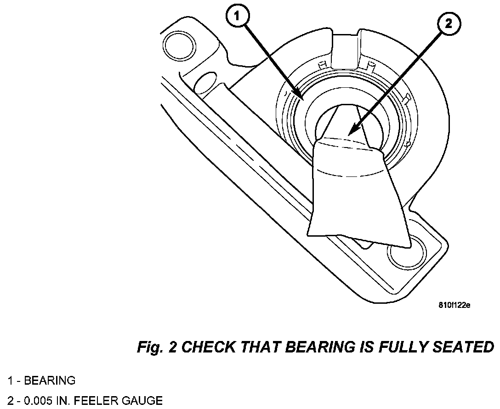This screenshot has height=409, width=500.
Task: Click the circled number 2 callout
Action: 448,24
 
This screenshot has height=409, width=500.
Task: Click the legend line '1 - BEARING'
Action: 41,381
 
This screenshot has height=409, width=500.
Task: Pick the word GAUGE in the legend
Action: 143,401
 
